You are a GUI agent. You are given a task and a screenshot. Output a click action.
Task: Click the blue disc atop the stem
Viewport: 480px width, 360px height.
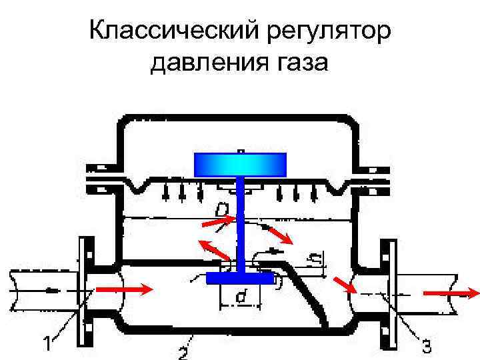pos(240,164)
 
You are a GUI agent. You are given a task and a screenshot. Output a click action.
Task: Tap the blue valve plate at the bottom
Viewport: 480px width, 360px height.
pos(239,277)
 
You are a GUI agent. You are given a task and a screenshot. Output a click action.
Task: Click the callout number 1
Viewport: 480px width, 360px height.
pos(47,345)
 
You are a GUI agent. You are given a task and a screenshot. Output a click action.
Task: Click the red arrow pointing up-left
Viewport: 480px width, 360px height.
pos(214,250)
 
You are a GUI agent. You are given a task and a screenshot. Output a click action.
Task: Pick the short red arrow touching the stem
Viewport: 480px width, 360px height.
pos(226,218)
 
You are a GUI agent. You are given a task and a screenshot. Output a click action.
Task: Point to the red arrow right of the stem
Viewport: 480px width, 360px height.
pos(278,235)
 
